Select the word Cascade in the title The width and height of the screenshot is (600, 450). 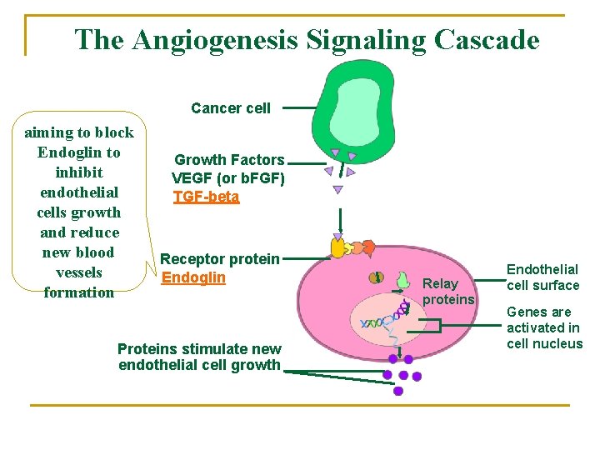coord(485,39)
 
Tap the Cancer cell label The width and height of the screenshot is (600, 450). coord(231,107)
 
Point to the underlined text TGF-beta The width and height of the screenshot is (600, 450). coord(206,197)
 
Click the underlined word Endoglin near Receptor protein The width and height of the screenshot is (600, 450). coord(193,277)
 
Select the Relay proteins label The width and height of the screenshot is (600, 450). coord(448,292)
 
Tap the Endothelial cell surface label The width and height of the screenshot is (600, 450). coord(542,277)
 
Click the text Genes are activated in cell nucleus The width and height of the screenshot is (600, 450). coord(544,328)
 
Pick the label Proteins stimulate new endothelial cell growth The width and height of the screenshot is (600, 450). coord(199,357)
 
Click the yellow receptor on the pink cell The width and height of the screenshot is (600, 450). coord(338,247)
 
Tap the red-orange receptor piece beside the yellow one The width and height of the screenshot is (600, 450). coord(367,247)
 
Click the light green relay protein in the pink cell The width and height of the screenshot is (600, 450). coord(402,281)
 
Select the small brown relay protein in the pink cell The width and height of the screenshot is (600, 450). coord(378,277)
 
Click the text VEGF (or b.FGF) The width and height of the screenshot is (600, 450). coord(227,177)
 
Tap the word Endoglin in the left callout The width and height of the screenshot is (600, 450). coord(79,152)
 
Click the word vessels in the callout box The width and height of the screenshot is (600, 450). coord(79,272)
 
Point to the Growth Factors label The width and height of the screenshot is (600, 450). coord(229,160)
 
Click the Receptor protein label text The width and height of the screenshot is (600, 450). coord(220,259)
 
